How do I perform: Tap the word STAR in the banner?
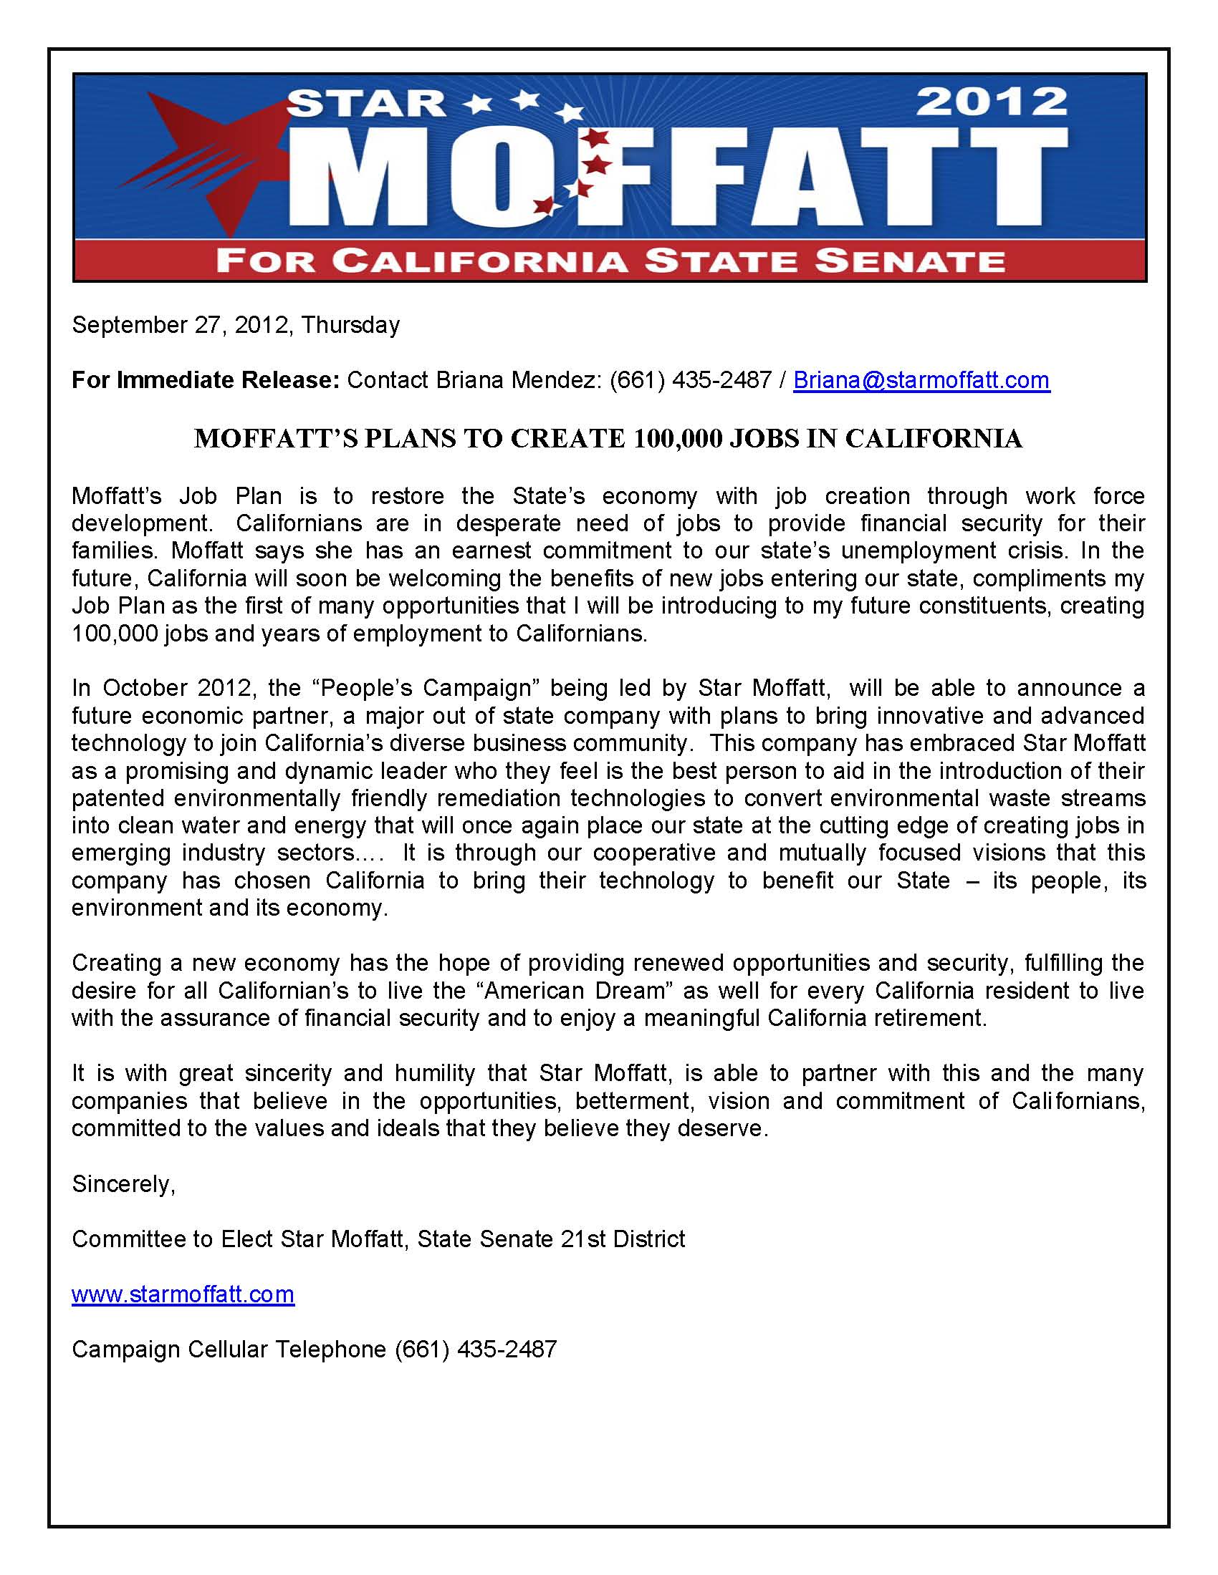point(367,105)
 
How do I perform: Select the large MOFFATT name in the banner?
point(678,180)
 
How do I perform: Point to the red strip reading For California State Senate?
point(610,261)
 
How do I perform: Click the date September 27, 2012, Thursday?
point(235,325)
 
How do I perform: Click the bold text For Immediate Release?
point(206,380)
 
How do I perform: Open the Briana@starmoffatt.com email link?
point(921,380)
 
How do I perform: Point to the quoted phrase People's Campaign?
point(426,688)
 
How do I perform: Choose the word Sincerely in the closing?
point(123,1184)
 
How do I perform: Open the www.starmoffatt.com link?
point(183,1294)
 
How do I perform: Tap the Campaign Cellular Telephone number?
point(476,1349)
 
